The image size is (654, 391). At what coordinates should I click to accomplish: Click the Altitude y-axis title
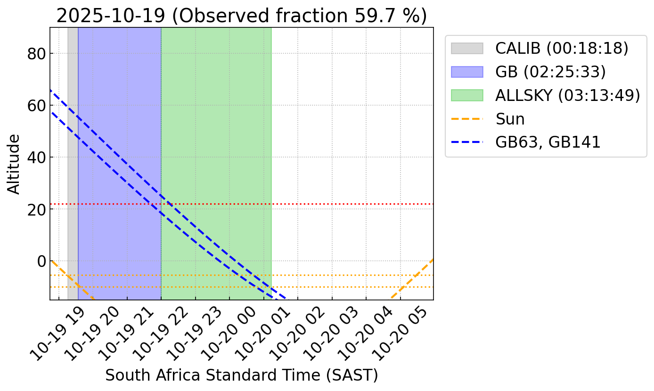(15, 164)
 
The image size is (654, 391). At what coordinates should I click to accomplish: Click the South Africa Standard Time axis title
(241, 375)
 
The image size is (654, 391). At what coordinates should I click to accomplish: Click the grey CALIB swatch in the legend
(467, 48)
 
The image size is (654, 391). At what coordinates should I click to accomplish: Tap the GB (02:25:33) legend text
(550, 72)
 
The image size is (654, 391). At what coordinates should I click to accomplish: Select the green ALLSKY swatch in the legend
(467, 95)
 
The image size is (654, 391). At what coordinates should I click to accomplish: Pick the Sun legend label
(510, 119)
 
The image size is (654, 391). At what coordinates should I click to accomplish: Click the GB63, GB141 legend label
(548, 142)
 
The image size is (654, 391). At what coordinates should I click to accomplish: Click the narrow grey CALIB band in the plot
(73, 141)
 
